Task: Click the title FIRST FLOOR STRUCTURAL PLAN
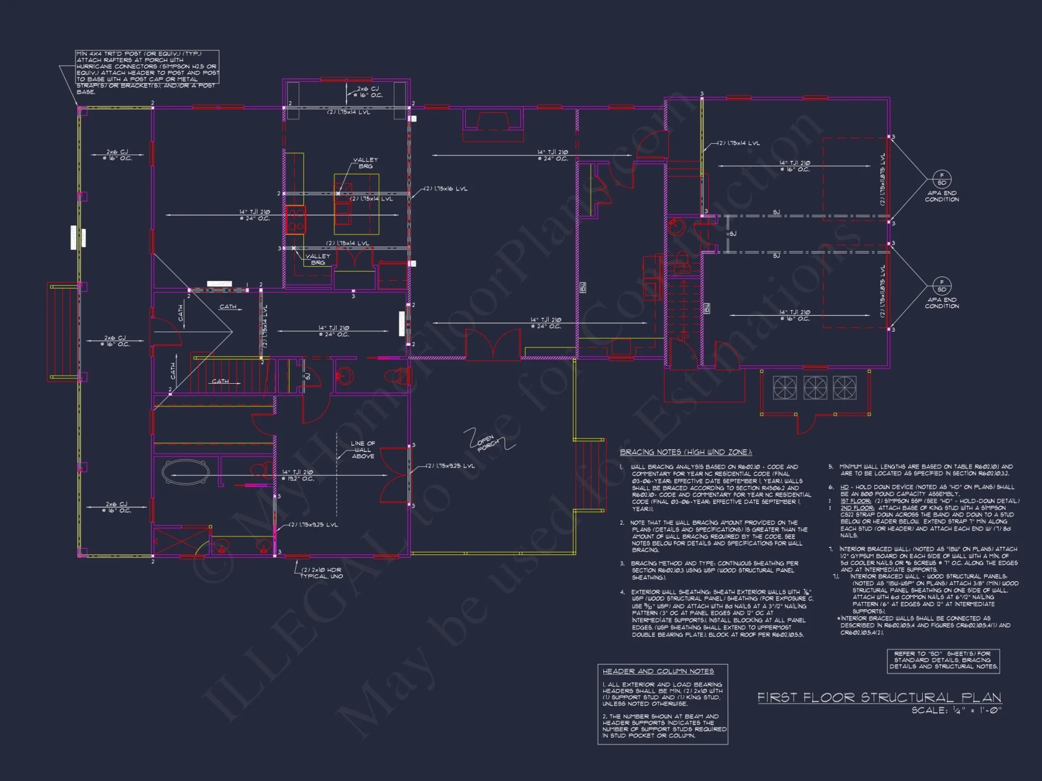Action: pyautogui.click(x=879, y=698)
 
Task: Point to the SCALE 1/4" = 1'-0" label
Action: pyautogui.click(x=956, y=710)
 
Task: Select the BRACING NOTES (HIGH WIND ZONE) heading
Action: pyautogui.click(x=686, y=452)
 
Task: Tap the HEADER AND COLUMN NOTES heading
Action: pyautogui.click(x=658, y=672)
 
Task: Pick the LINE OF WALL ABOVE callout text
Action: pyautogui.click(x=363, y=450)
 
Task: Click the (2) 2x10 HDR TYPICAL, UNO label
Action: pyautogui.click(x=321, y=573)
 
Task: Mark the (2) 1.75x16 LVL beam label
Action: pyautogui.click(x=445, y=189)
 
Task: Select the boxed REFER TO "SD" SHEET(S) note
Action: pyautogui.click(x=943, y=660)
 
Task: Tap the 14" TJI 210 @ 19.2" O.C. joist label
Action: pyautogui.click(x=298, y=475)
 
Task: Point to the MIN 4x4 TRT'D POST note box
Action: pyautogui.click(x=147, y=67)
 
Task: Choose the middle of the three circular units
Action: pyautogui.click(x=815, y=388)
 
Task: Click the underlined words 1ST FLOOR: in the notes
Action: pyautogui.click(x=855, y=501)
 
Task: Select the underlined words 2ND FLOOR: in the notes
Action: pyautogui.click(x=857, y=508)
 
